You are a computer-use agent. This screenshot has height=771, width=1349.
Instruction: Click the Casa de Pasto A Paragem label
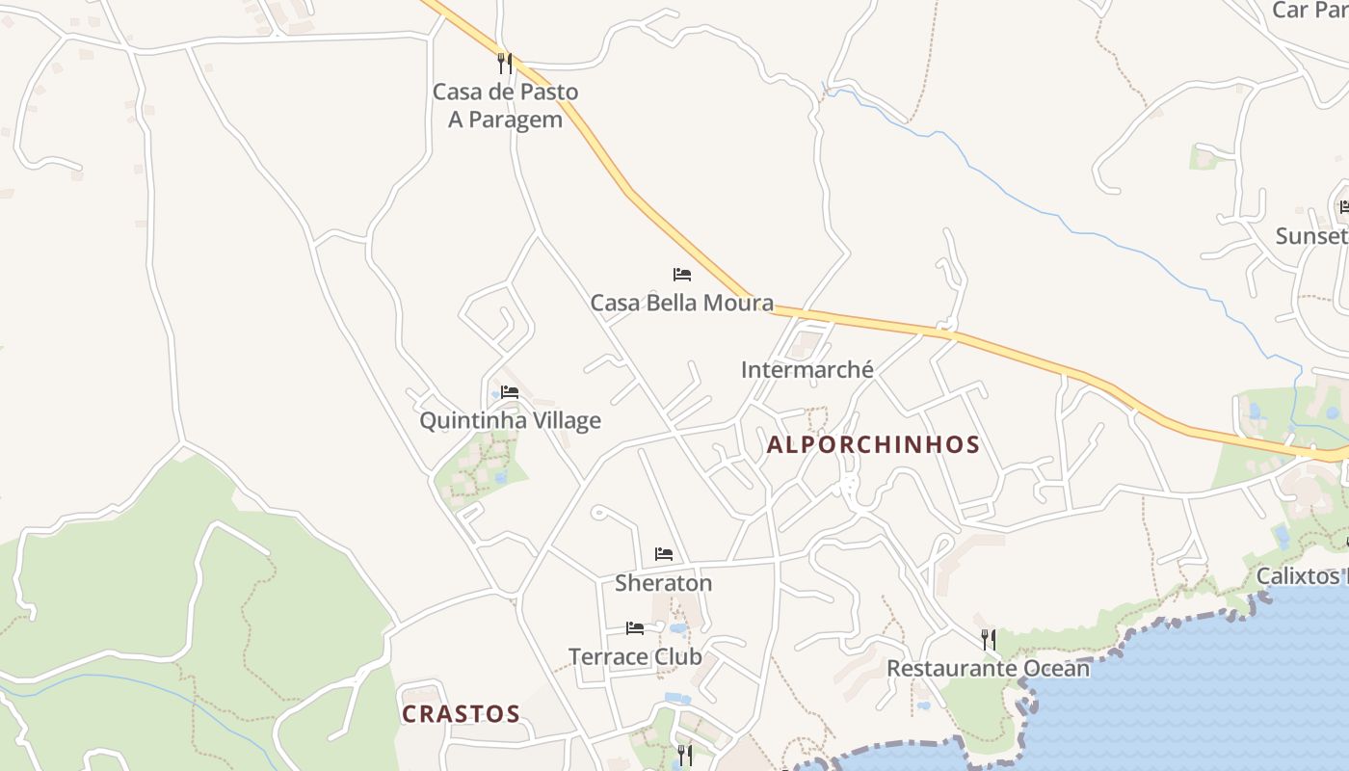pos(505,106)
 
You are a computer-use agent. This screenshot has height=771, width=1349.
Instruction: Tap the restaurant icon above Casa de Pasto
pos(505,64)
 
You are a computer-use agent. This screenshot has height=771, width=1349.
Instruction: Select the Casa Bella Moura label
pos(681,303)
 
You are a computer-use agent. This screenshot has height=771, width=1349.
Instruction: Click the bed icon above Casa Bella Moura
pos(682,275)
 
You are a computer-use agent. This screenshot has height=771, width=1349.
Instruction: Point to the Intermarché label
pos(807,369)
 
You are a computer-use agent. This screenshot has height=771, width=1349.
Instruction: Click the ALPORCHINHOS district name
pos(873,445)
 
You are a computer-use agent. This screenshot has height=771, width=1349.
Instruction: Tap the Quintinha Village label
pos(510,420)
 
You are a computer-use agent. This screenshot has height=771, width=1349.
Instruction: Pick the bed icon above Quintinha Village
pos(510,392)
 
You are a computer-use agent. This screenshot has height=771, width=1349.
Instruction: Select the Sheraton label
pos(663,583)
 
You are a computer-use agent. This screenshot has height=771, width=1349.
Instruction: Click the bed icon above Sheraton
pos(664,554)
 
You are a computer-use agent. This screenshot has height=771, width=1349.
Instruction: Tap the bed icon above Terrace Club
pos(635,628)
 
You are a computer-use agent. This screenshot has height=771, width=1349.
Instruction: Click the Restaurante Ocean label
pos(988,668)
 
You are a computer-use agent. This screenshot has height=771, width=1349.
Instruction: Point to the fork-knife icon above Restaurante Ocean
pos(988,639)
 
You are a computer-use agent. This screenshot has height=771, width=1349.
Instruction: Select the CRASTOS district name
pos(461,714)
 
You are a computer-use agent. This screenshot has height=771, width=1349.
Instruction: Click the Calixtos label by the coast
pos(1302,576)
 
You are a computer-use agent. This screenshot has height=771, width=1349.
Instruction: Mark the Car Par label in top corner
pos(1309,11)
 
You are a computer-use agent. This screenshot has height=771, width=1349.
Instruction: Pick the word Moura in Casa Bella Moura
pos(738,303)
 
